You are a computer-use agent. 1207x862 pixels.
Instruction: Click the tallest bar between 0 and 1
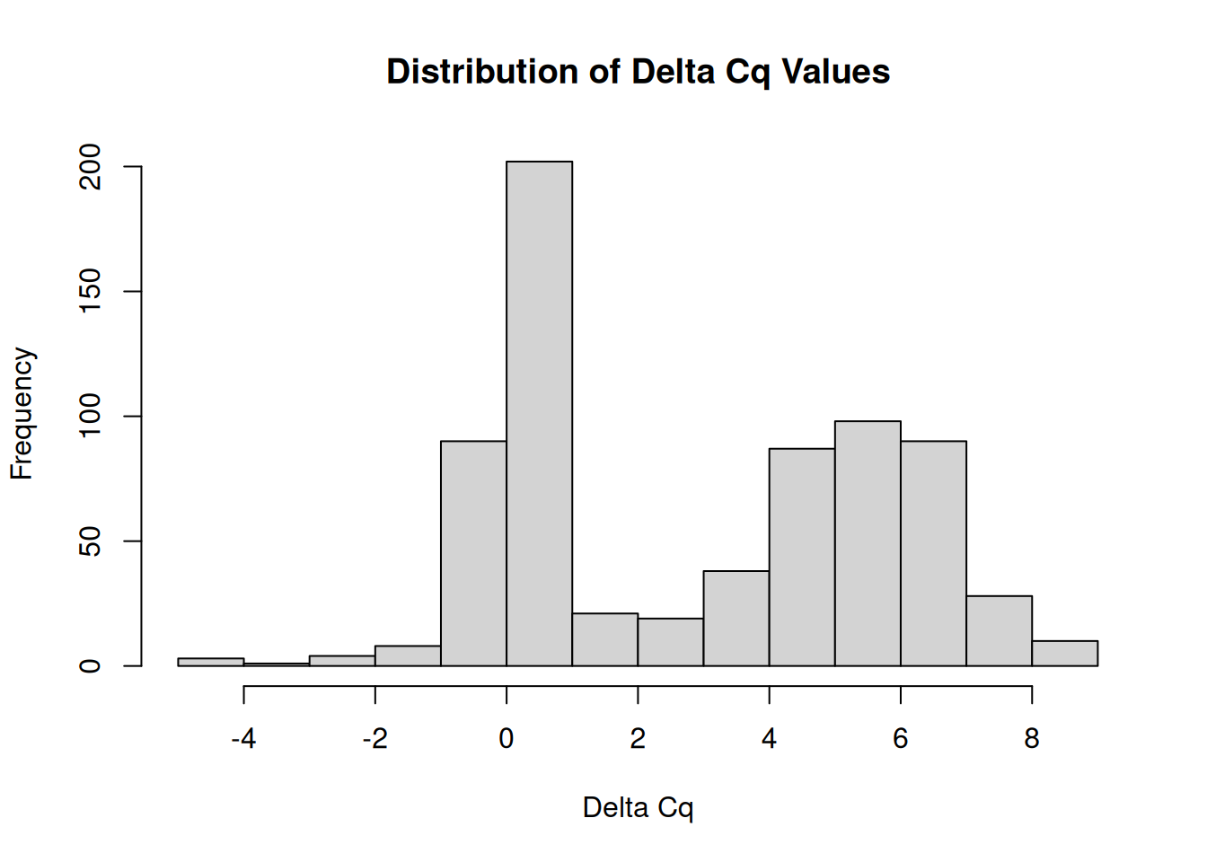tap(539, 413)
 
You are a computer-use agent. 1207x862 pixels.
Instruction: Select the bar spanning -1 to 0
tap(473, 553)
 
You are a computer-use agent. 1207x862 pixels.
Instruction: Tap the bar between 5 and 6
tap(868, 543)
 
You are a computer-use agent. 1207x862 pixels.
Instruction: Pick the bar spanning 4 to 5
tap(802, 557)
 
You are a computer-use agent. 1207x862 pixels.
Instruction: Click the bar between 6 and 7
tap(933, 553)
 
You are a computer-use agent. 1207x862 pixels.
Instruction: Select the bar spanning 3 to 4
tap(736, 618)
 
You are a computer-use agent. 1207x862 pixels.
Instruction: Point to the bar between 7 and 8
tap(999, 630)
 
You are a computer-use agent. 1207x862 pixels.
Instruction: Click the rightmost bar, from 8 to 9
tap(1064, 653)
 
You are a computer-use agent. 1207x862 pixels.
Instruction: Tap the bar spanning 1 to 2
tap(604, 639)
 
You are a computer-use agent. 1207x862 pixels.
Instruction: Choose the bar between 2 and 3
tap(670, 642)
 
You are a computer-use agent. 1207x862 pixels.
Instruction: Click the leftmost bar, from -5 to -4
tap(211, 662)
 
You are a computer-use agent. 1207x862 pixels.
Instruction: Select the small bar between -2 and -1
tap(408, 655)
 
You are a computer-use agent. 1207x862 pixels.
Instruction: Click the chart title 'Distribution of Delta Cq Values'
tap(638, 72)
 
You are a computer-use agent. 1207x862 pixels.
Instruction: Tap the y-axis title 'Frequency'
tap(22, 414)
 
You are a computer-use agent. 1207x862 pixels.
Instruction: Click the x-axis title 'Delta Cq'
tap(638, 807)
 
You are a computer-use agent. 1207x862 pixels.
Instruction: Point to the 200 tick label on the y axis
tap(91, 167)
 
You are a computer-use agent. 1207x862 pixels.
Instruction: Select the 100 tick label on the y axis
tap(91, 417)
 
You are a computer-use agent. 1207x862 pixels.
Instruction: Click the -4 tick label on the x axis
tap(243, 739)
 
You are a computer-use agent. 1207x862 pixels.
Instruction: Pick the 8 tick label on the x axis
tap(1032, 739)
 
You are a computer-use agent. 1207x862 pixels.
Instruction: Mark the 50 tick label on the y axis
tap(91, 541)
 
